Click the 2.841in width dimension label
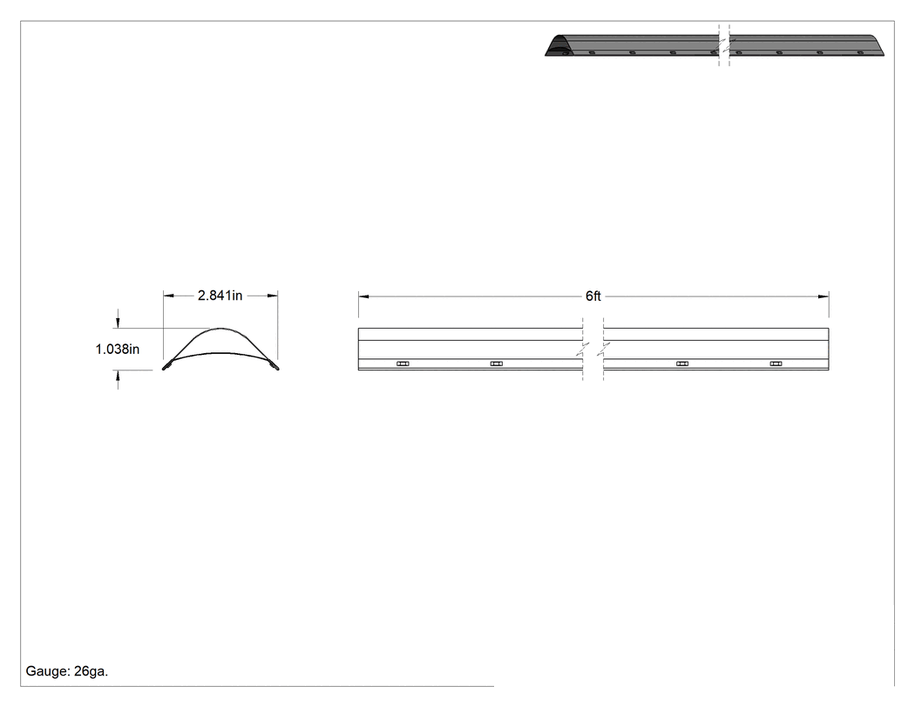pyautogui.click(x=220, y=296)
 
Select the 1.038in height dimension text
pyautogui.click(x=118, y=349)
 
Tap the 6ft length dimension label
pyautogui.click(x=593, y=296)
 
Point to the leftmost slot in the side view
pyautogui.click(x=403, y=364)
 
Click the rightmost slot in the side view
pyautogui.click(x=776, y=364)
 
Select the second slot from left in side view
pyautogui.click(x=496, y=364)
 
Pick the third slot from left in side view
pyautogui.click(x=682, y=364)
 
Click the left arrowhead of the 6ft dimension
pyautogui.click(x=363, y=296)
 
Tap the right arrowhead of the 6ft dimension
pyautogui.click(x=823, y=296)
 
